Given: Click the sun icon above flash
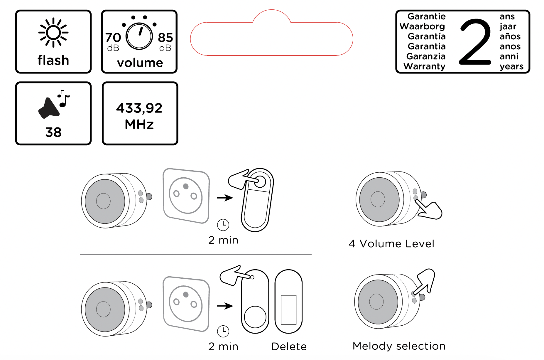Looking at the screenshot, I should [53, 32].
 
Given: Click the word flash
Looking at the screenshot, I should [53, 60].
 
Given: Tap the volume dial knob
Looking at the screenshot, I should [139, 36].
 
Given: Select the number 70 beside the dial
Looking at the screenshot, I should [113, 38].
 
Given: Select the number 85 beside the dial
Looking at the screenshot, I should [165, 38].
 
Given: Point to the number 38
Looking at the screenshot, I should [53, 132].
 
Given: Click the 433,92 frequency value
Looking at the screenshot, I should [139, 108].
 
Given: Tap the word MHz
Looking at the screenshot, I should [139, 124].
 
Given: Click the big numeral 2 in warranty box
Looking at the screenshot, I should [475, 42].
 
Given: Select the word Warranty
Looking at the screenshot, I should [424, 66].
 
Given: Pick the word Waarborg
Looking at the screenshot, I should [422, 26].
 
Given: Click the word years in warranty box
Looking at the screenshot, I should [511, 66].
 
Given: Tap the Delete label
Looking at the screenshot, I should [289, 346].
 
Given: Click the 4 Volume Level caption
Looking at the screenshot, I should [391, 244].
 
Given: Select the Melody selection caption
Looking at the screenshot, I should [399, 346].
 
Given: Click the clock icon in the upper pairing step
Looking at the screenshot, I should [223, 225].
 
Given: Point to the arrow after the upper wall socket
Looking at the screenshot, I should [225, 198].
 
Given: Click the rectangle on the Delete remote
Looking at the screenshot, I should [288, 309].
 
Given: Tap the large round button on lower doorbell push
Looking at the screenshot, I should [255, 317].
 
